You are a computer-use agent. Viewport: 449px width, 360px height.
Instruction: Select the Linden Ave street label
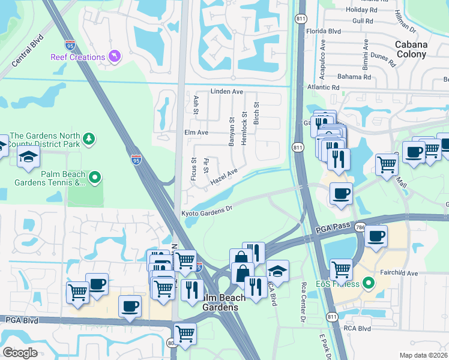(226, 92)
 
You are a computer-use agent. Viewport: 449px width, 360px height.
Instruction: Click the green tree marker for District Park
(89, 139)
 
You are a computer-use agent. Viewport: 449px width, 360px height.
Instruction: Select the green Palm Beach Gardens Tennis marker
(94, 178)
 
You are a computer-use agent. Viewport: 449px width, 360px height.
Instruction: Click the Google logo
(20, 352)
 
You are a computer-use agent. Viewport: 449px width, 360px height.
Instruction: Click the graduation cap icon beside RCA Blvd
(277, 269)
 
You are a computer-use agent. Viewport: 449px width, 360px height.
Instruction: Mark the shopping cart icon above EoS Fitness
(341, 269)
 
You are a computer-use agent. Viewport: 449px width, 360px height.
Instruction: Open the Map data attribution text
(424, 355)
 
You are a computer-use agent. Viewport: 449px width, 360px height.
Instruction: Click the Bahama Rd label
(354, 77)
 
